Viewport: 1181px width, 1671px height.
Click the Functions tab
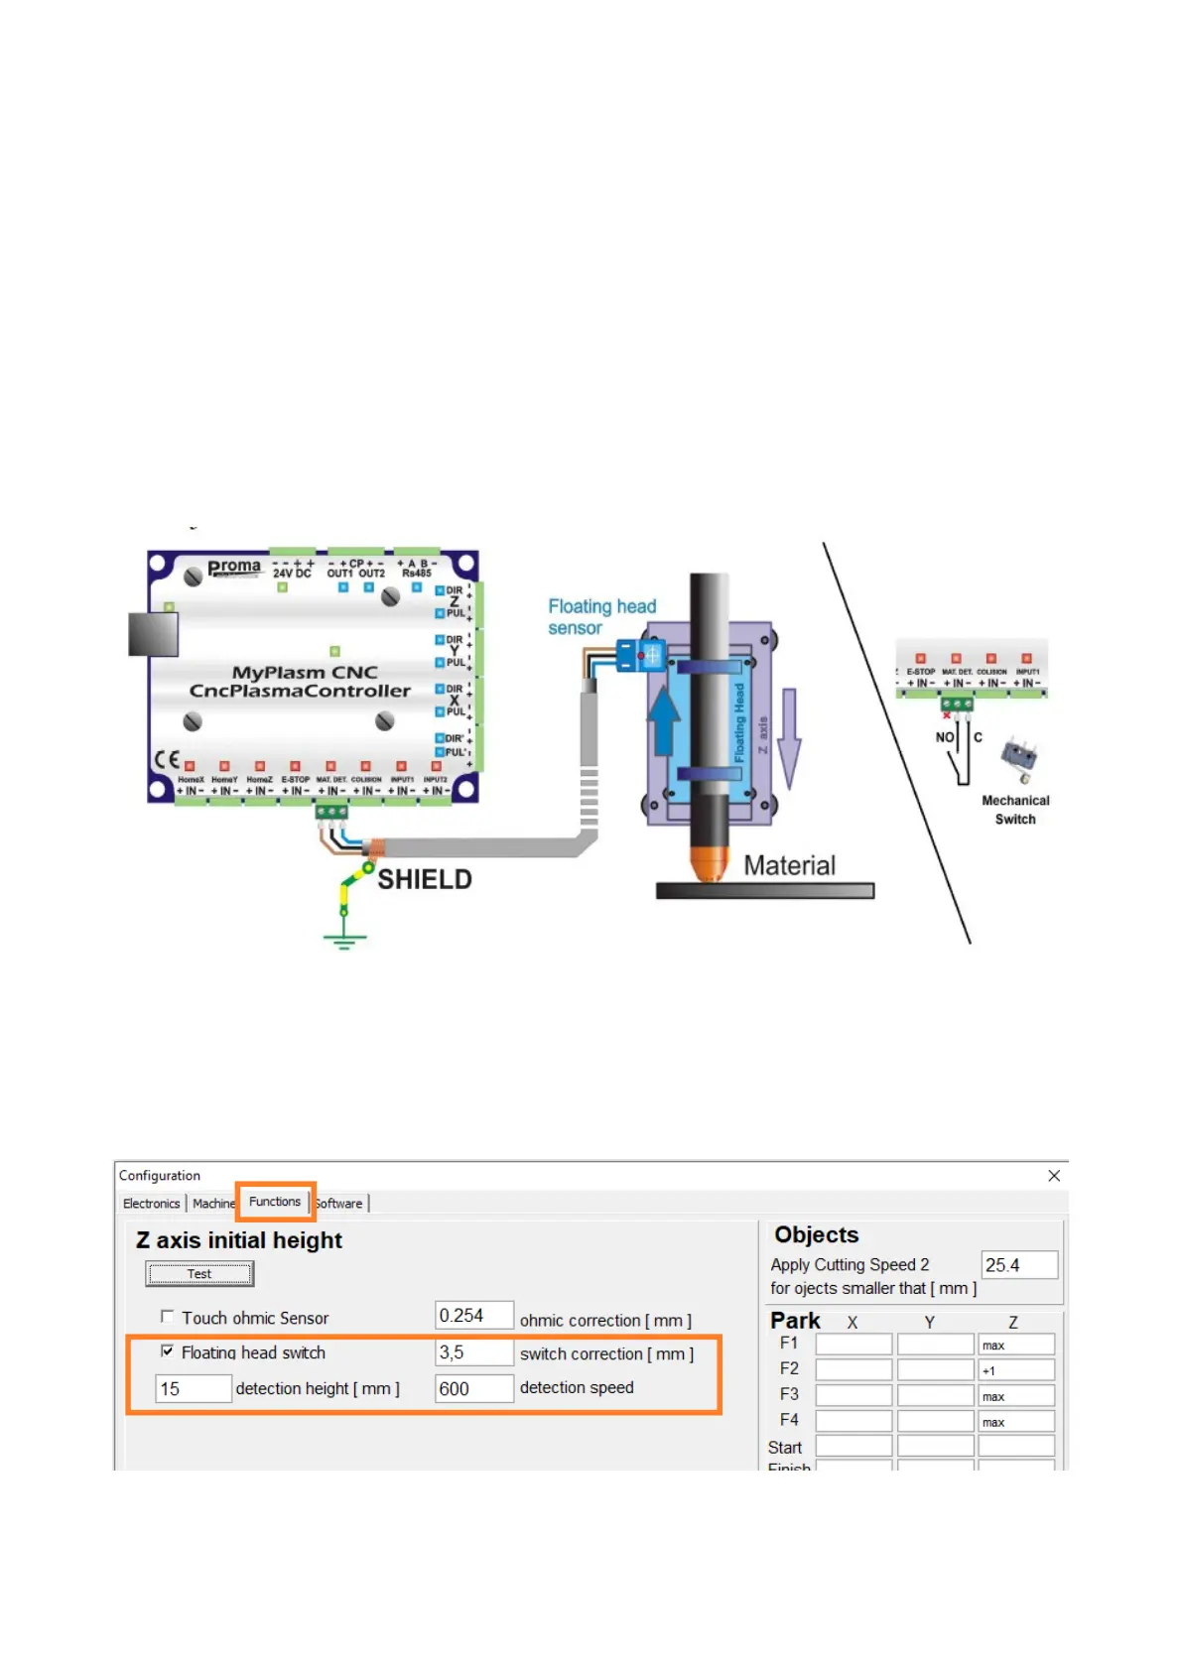tap(275, 1202)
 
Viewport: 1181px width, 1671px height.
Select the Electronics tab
tap(151, 1204)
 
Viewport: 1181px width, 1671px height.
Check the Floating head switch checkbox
tap(168, 1350)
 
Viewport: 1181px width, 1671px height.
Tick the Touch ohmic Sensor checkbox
tap(168, 1317)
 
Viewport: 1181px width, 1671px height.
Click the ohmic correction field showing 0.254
tap(473, 1316)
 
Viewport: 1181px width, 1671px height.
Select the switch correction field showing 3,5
tap(473, 1352)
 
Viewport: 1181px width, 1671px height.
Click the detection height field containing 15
tap(194, 1388)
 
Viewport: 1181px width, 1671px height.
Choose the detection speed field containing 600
tap(473, 1388)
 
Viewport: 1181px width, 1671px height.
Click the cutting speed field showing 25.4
tap(1018, 1265)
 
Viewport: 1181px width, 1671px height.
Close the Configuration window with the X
tap(1054, 1176)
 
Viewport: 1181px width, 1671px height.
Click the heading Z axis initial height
tap(239, 1240)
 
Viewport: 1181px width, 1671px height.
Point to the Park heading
tap(795, 1321)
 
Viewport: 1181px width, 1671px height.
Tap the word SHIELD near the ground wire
tap(425, 879)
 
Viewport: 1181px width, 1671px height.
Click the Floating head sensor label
tap(601, 616)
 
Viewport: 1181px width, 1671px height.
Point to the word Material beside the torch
tap(790, 865)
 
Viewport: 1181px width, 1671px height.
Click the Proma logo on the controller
tap(234, 568)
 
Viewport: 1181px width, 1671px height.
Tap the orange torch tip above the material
tap(709, 862)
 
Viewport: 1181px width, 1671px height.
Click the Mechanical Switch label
tap(1015, 810)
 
